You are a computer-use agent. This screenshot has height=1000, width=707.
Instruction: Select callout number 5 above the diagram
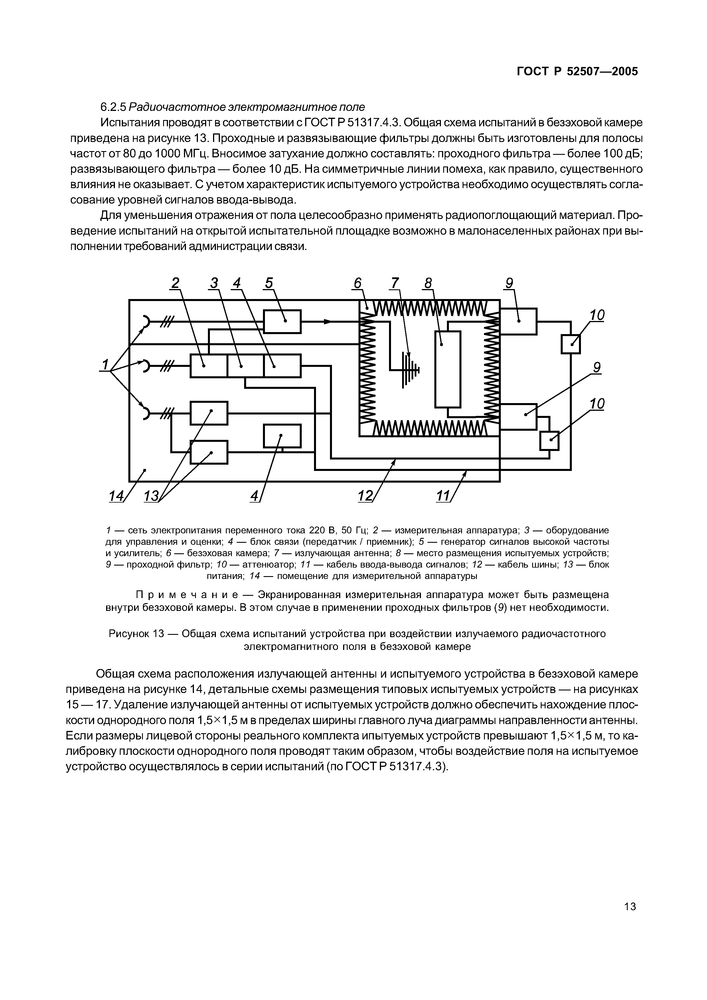pos(269,284)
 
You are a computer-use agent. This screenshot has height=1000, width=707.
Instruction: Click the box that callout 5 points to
pos(282,322)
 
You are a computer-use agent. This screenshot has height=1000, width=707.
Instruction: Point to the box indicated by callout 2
pos(209,366)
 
